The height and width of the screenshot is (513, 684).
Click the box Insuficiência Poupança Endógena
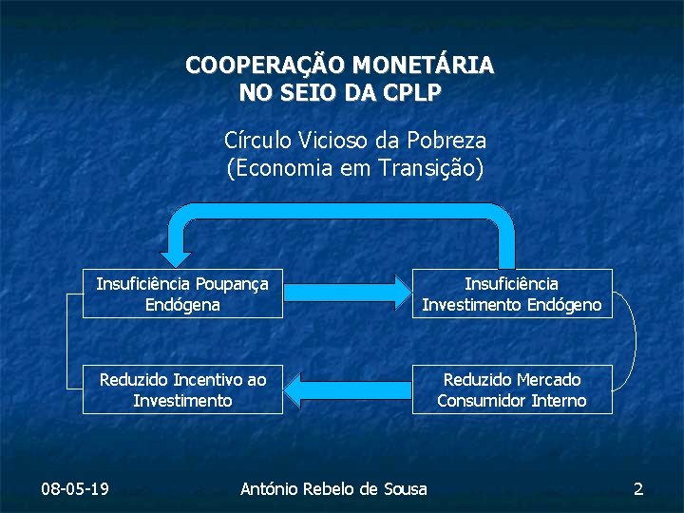(x=182, y=294)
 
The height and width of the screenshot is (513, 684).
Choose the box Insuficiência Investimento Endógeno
(x=511, y=294)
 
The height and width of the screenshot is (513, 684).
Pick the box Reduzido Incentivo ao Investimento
(x=182, y=389)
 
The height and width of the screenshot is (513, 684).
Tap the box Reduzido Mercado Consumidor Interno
(x=511, y=389)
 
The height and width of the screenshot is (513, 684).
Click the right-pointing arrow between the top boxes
(x=346, y=294)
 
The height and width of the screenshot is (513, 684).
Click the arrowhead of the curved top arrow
(x=176, y=255)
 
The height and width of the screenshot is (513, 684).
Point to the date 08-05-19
(x=75, y=489)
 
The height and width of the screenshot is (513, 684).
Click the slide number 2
(x=638, y=489)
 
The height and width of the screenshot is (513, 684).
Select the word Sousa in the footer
(x=407, y=489)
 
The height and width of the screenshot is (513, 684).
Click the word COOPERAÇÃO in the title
(x=265, y=66)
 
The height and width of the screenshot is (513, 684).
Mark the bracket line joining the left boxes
(x=66, y=342)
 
